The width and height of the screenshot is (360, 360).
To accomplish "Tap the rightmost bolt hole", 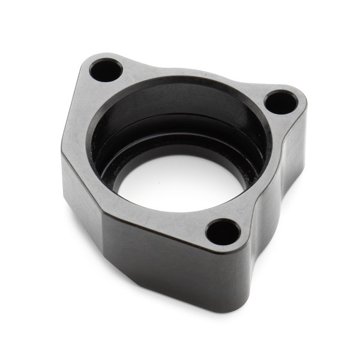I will [280, 102].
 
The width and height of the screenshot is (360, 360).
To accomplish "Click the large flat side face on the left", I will [81, 192].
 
